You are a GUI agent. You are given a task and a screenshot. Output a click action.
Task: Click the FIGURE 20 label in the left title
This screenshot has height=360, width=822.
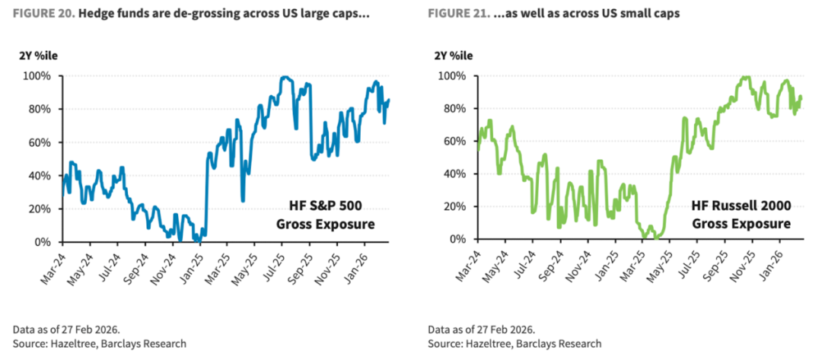coord(40,14)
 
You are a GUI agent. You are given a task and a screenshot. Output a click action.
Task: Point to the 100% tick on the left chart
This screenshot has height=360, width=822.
coord(37,76)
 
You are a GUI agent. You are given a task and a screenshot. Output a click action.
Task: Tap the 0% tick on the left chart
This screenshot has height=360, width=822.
coord(42,241)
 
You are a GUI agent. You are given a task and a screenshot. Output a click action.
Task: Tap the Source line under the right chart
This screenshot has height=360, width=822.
coord(515,343)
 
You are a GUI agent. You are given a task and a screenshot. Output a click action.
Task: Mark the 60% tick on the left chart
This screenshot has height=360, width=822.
coord(40,142)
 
